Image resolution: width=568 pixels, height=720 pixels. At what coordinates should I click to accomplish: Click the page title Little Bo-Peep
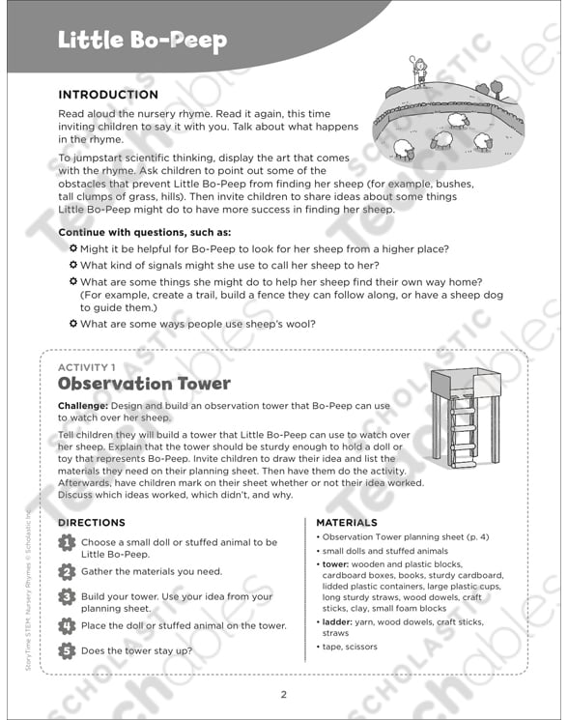click(x=142, y=40)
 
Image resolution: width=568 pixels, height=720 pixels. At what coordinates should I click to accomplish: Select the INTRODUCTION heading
click(x=108, y=95)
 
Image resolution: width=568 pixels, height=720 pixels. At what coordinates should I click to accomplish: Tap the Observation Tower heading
click(x=144, y=384)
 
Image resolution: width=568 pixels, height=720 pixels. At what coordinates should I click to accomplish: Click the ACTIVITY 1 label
click(x=87, y=367)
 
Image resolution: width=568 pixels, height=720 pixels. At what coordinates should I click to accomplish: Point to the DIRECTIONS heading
click(x=92, y=523)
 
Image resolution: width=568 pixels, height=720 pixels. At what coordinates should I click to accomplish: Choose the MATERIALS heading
click(x=347, y=523)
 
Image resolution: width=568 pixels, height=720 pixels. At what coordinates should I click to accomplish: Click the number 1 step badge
click(x=66, y=544)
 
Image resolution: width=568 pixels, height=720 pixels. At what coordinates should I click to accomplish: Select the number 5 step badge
click(x=66, y=651)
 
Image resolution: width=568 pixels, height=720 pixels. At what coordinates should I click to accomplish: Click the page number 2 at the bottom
click(x=284, y=694)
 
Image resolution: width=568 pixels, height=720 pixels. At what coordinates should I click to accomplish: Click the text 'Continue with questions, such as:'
click(x=145, y=232)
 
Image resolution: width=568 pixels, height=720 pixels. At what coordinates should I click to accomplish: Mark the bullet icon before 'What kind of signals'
click(x=73, y=265)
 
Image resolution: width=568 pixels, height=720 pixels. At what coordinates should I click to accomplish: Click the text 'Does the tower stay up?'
click(x=136, y=650)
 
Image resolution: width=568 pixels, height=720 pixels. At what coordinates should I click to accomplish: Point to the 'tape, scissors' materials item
click(x=352, y=647)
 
